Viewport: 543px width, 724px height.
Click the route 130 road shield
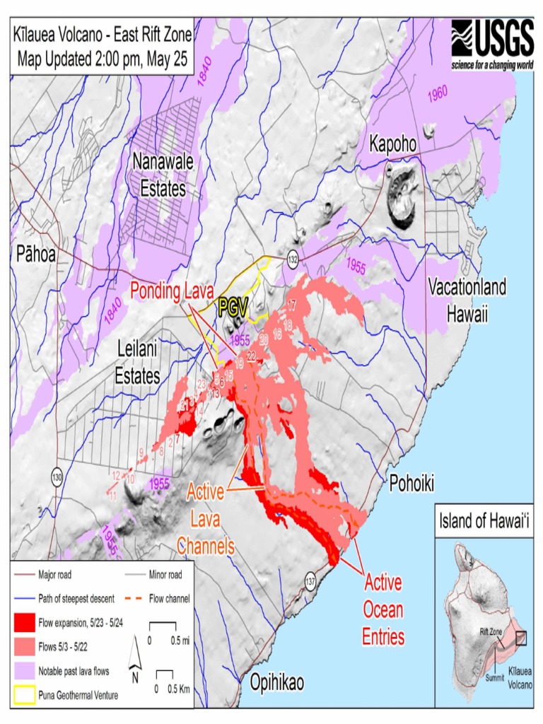point(56,478)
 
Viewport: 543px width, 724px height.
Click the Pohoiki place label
point(411,483)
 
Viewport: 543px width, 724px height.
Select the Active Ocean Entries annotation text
point(383,610)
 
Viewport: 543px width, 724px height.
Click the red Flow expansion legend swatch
point(25,622)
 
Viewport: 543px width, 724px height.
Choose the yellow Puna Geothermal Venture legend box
point(25,695)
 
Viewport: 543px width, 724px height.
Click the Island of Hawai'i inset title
point(484,522)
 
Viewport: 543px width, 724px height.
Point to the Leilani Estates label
point(139,362)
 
